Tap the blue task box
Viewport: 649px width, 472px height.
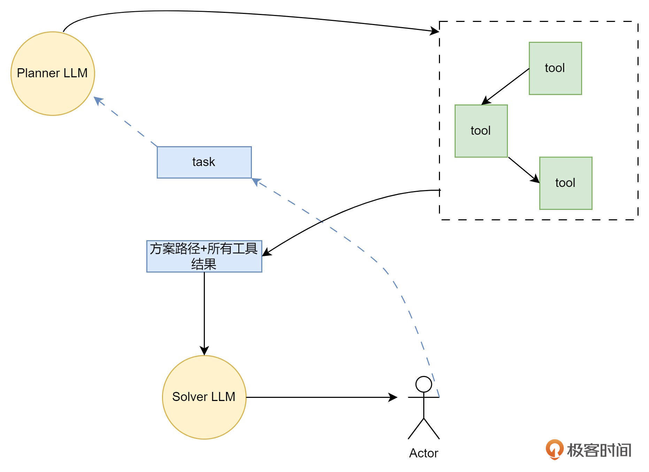pyautogui.click(x=204, y=162)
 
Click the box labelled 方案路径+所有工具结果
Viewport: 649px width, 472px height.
pyautogui.click(x=204, y=256)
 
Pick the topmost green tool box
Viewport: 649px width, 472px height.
pyautogui.click(x=555, y=68)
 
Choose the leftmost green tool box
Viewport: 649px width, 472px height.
pyautogui.click(x=481, y=131)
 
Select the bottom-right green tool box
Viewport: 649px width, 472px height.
pyautogui.click(x=566, y=183)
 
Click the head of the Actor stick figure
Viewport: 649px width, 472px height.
pyautogui.click(x=424, y=384)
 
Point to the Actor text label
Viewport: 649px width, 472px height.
pyautogui.click(x=424, y=453)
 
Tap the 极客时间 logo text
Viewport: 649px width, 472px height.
pyautogui.click(x=599, y=450)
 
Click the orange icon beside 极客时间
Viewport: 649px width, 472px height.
pyautogui.click(x=554, y=449)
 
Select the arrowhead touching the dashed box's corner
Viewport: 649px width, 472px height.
pyautogui.click(x=434, y=31)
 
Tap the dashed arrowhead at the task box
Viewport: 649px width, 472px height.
pyautogui.click(x=256, y=181)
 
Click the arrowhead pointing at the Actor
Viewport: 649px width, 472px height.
pyautogui.click(x=393, y=397)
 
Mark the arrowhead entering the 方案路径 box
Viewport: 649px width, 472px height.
pyautogui.click(x=266, y=252)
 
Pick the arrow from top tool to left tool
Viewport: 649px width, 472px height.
pyautogui.click(x=505, y=86)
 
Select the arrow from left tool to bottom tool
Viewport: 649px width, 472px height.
pyautogui.click(x=524, y=170)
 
